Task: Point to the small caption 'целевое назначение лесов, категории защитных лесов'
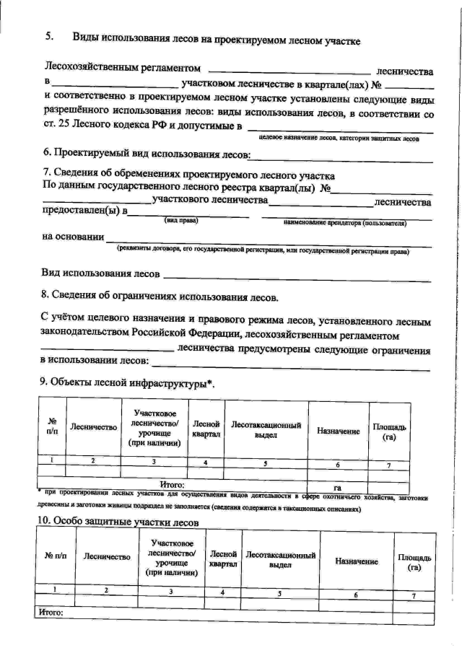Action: tap(339, 137)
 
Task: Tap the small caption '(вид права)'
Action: tap(181, 219)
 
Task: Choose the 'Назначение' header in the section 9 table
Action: tap(338, 430)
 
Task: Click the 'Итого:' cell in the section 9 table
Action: tap(171, 485)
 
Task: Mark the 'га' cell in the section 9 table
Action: tap(337, 487)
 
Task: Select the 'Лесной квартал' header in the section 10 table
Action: tap(223, 558)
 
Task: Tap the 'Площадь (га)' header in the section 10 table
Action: tap(414, 562)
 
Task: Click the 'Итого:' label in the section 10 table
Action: tap(50, 613)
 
